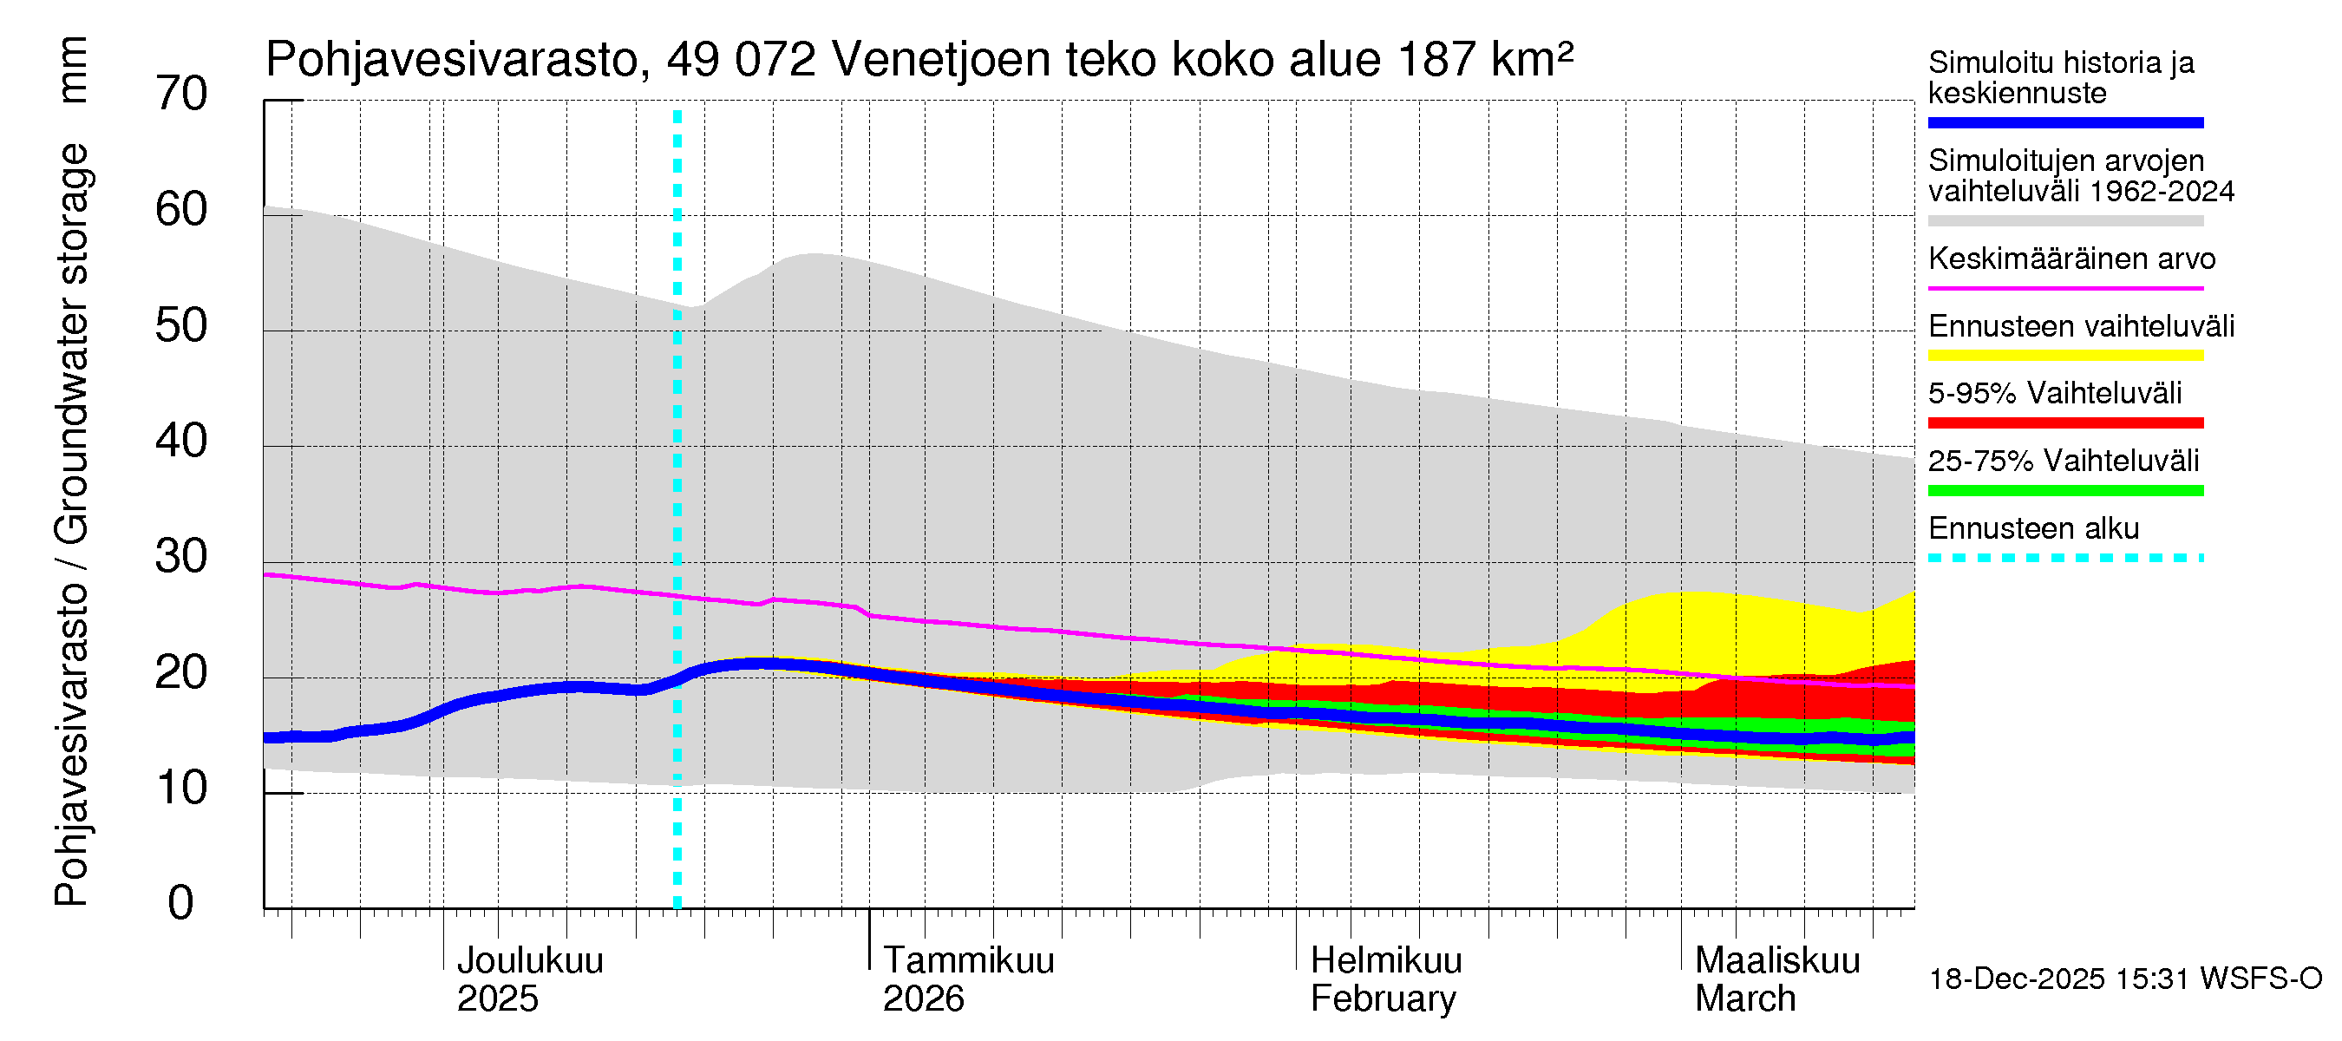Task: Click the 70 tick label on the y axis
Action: click(181, 94)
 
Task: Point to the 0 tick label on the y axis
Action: click(181, 903)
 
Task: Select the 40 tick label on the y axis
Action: click(181, 441)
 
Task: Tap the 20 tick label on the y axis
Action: click(181, 673)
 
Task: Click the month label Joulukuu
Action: click(530, 960)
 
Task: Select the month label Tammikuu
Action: click(968, 960)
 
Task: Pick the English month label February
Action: click(1383, 999)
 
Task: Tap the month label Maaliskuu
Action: click(1777, 960)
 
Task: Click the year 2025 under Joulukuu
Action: click(497, 999)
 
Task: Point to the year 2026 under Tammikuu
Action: click(923, 999)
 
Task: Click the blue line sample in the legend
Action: click(2065, 122)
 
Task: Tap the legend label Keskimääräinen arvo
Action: click(2072, 259)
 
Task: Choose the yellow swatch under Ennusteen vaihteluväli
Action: click(2065, 356)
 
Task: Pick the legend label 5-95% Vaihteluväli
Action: click(2055, 394)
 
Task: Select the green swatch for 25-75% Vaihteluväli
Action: click(2065, 491)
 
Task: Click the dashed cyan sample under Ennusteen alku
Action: click(2065, 558)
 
